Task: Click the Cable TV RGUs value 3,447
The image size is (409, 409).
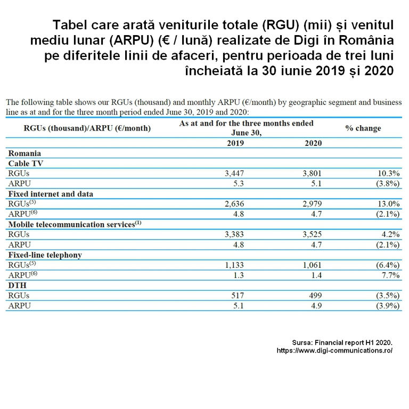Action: point(234,174)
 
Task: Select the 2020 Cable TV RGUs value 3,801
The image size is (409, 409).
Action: point(312,174)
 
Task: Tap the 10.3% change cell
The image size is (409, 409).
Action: point(389,174)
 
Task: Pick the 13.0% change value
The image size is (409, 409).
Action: point(389,204)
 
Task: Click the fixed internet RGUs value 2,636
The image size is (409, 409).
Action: point(234,204)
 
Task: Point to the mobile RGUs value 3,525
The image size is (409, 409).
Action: point(312,234)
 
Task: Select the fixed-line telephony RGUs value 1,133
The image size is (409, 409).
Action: point(234,265)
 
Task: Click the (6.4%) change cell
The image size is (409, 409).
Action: point(388,265)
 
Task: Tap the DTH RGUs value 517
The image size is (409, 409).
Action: point(238,296)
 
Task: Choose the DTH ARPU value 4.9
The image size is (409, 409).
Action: point(316,306)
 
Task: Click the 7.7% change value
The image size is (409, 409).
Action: point(390,275)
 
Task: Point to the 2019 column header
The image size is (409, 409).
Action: point(235,143)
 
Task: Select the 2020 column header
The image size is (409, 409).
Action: point(313,143)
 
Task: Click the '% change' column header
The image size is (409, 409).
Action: point(363,128)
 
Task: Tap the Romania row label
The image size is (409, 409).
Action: point(24,153)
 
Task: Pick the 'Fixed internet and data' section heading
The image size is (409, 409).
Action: point(51,194)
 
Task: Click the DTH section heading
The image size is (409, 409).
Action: point(17,285)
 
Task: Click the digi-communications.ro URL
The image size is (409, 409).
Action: point(334,350)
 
